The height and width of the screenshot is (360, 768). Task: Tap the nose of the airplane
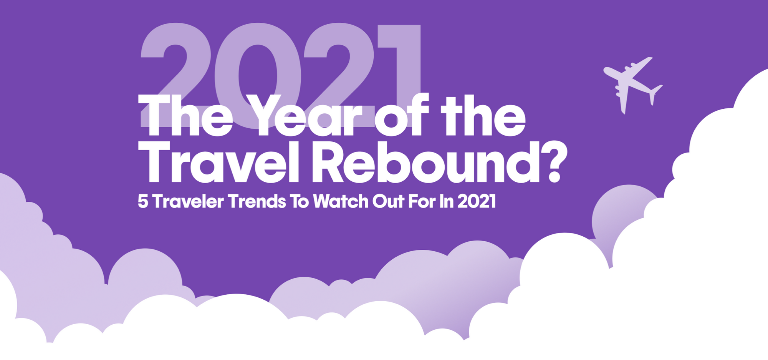coord(604,70)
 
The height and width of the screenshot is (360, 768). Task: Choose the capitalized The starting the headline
coord(185,115)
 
